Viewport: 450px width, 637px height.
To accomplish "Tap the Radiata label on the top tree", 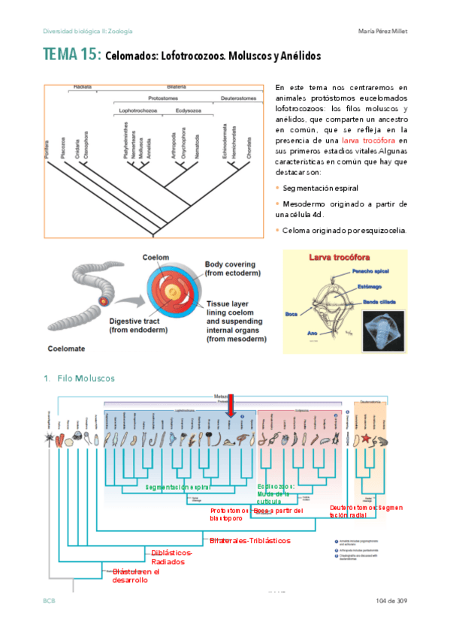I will pos(83,87).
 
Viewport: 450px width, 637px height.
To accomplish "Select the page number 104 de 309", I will pos(391,600).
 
